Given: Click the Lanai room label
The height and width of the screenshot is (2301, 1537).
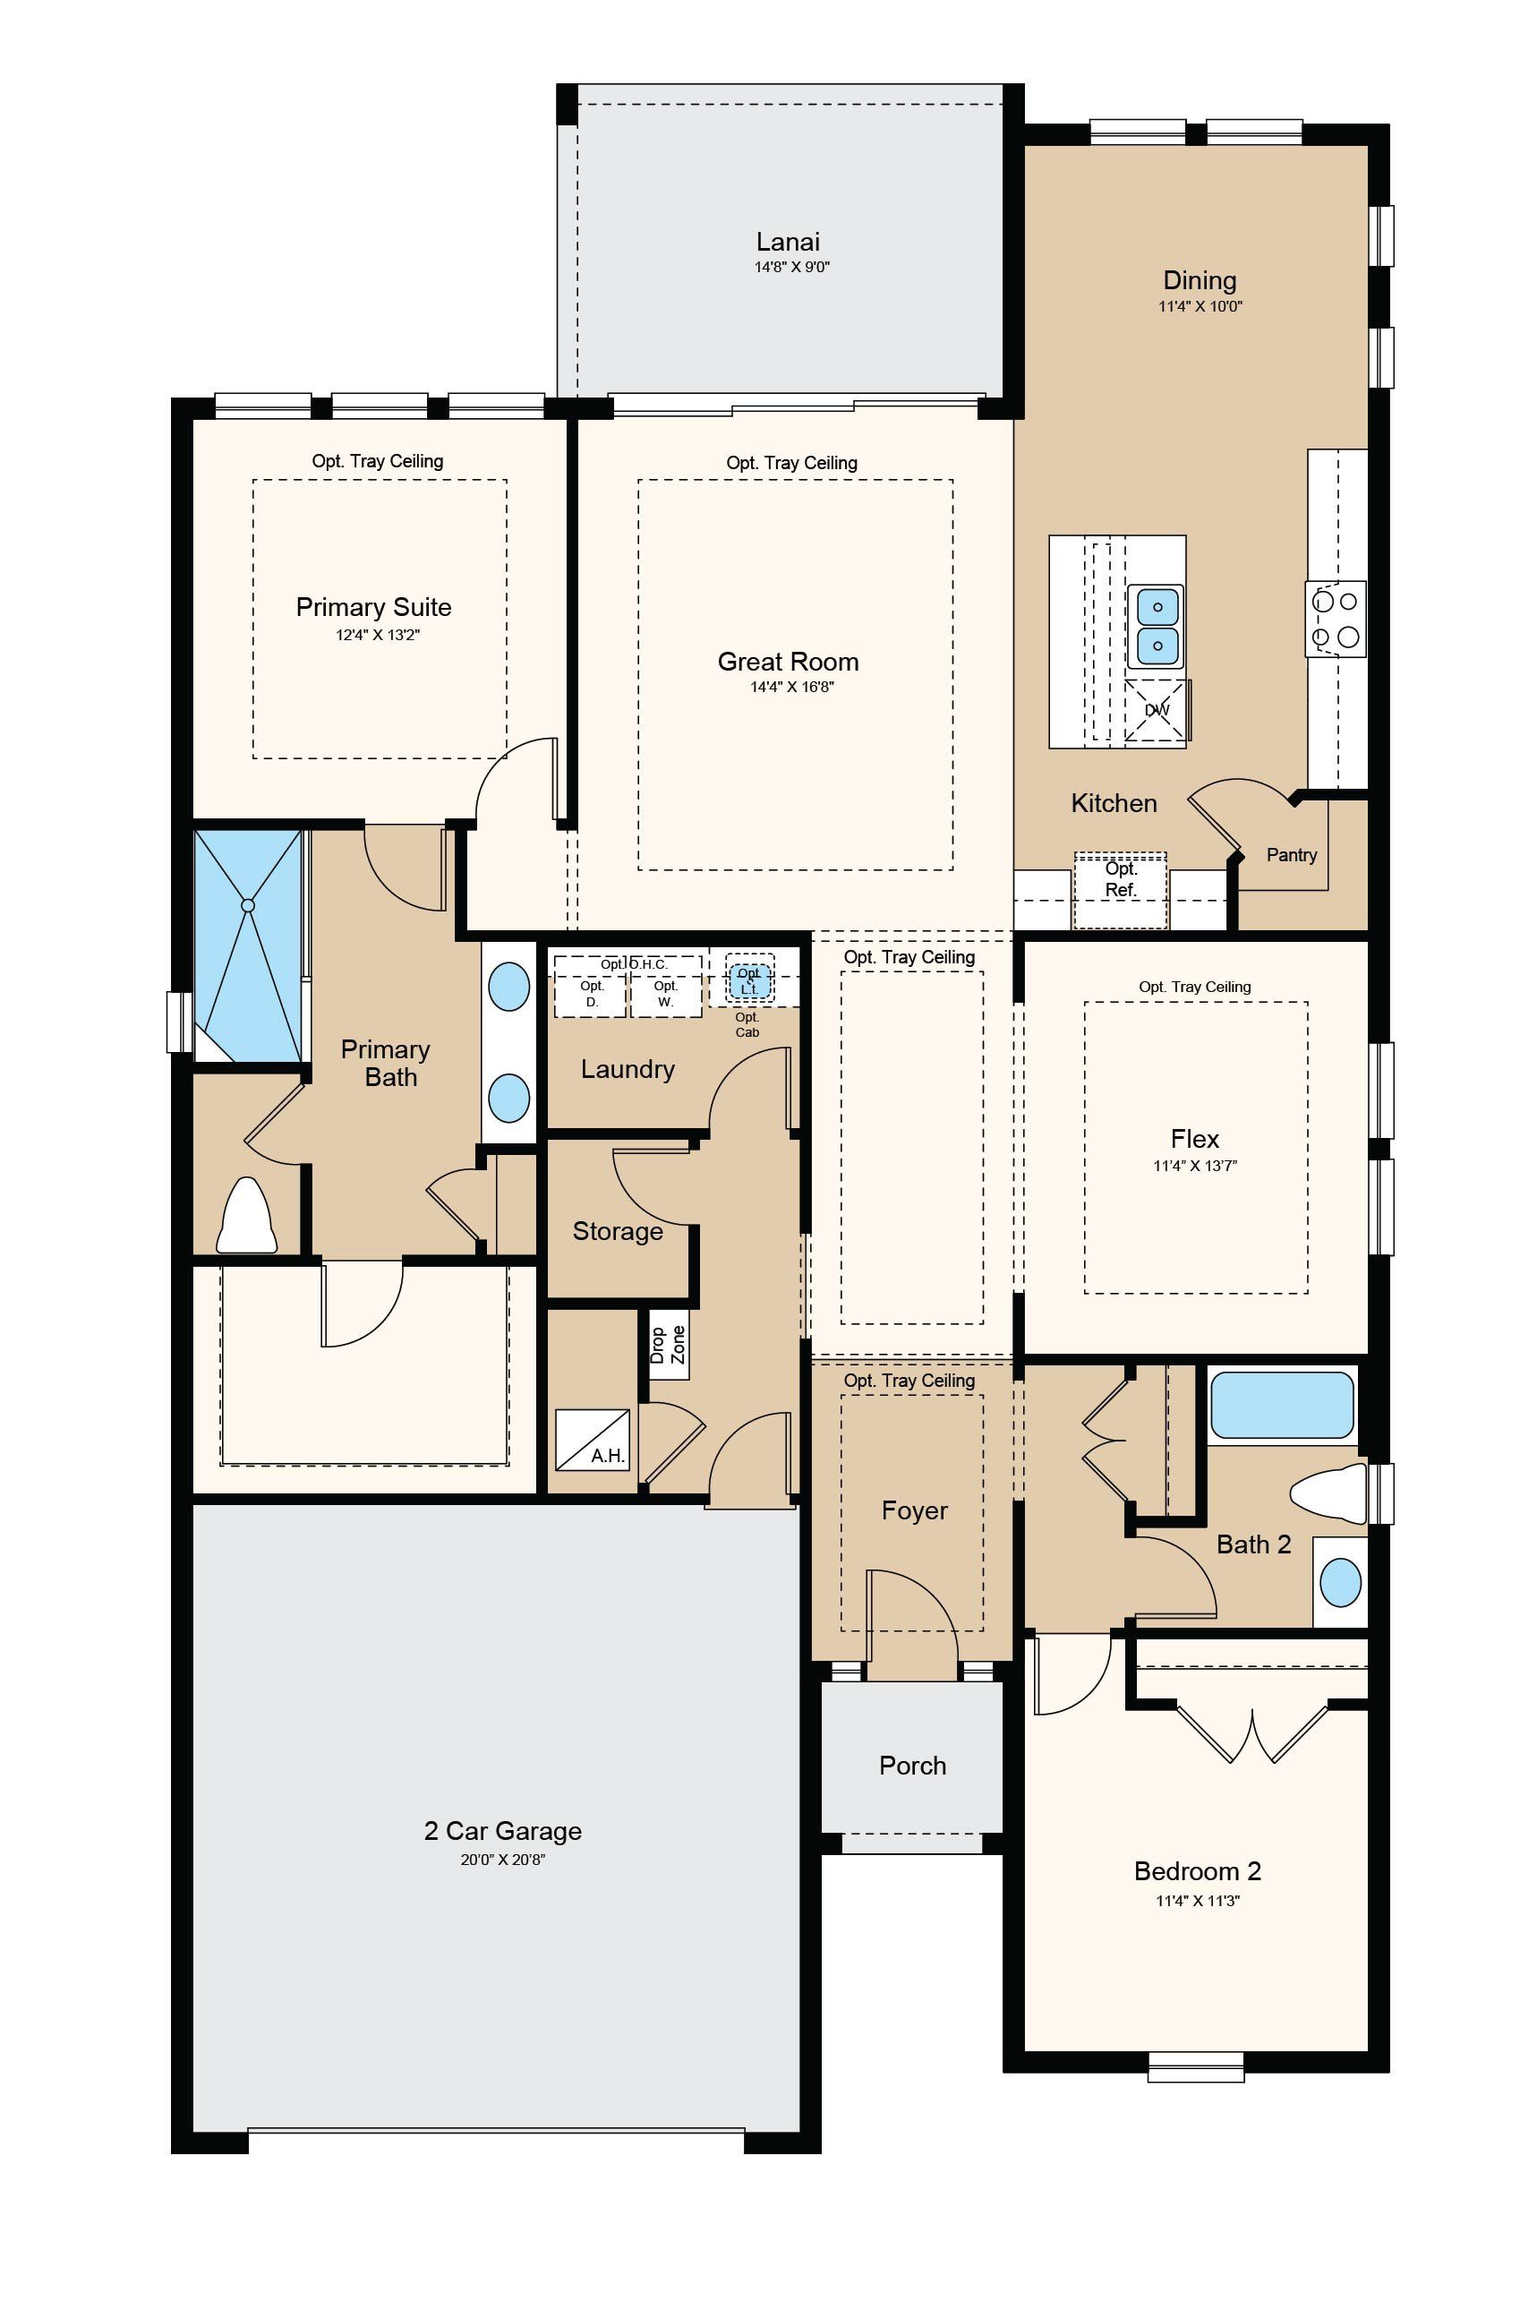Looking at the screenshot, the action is point(787,241).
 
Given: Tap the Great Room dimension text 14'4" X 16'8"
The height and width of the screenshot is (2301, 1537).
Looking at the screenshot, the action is point(791,688).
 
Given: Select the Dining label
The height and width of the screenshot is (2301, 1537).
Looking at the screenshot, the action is point(1200,281).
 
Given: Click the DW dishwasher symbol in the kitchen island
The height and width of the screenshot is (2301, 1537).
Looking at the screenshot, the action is point(1157,710).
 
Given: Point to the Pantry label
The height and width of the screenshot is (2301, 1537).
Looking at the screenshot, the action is point(1291,855).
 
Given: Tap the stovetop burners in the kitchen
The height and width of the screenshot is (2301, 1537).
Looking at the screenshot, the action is point(1335,619).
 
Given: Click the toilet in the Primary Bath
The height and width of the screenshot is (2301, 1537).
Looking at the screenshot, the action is point(246,1216).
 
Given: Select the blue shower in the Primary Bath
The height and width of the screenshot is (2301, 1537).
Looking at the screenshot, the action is point(248,946).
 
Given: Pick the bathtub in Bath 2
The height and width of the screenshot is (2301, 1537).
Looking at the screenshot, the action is point(1282,1405).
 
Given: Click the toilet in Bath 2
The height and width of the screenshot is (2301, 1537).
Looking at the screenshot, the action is point(1328,1494).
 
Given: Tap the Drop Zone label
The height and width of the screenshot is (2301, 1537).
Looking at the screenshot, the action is point(669,1344).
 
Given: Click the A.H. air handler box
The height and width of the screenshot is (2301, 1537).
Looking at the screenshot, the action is point(592,1441).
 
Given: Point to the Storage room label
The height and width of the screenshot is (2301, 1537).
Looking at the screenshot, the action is point(618,1231).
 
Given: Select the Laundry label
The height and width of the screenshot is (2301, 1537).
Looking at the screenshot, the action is point(628,1069).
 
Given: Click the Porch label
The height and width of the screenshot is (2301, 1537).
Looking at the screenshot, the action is point(912,1766).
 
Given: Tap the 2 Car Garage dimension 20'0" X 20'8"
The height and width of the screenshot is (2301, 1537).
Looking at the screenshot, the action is point(503,1860).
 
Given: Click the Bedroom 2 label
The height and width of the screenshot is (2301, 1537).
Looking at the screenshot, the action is point(1197,1870).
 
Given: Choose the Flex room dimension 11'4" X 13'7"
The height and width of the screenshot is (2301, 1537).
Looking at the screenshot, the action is point(1195,1167).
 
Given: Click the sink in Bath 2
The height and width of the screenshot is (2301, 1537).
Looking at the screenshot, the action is point(1340,1582).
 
